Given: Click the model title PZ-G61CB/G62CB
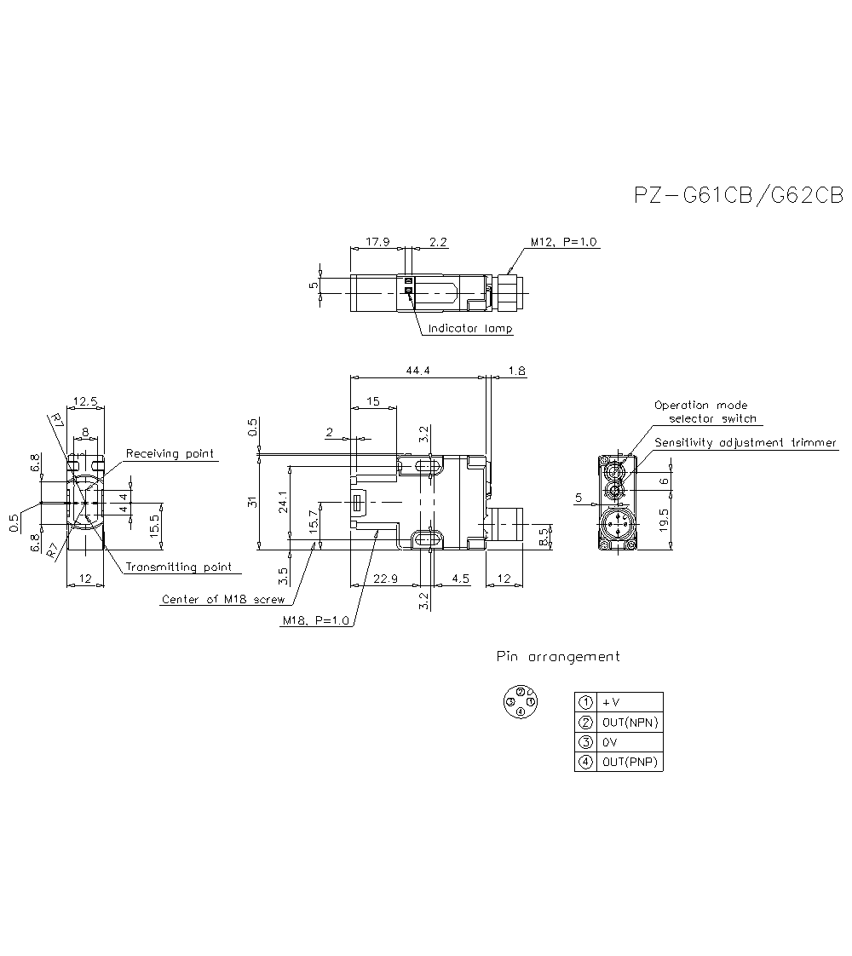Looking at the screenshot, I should click(x=738, y=196).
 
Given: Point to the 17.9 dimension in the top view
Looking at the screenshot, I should click(x=377, y=242).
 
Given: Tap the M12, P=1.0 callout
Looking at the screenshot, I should click(x=565, y=242).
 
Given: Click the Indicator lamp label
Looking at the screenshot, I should click(x=470, y=329).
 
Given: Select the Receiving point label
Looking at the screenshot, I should click(x=170, y=454).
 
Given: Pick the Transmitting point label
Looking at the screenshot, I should click(x=178, y=567).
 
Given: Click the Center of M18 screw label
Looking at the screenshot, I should click(x=223, y=600).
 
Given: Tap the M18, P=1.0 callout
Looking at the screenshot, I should click(x=316, y=621).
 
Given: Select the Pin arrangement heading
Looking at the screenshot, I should click(x=558, y=657).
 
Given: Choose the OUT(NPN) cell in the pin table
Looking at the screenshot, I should click(x=629, y=723).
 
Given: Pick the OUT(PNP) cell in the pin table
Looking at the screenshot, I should click(x=629, y=762).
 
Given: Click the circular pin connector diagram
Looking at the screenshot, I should click(x=520, y=701).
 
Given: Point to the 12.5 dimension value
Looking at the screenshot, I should click(x=86, y=401).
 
